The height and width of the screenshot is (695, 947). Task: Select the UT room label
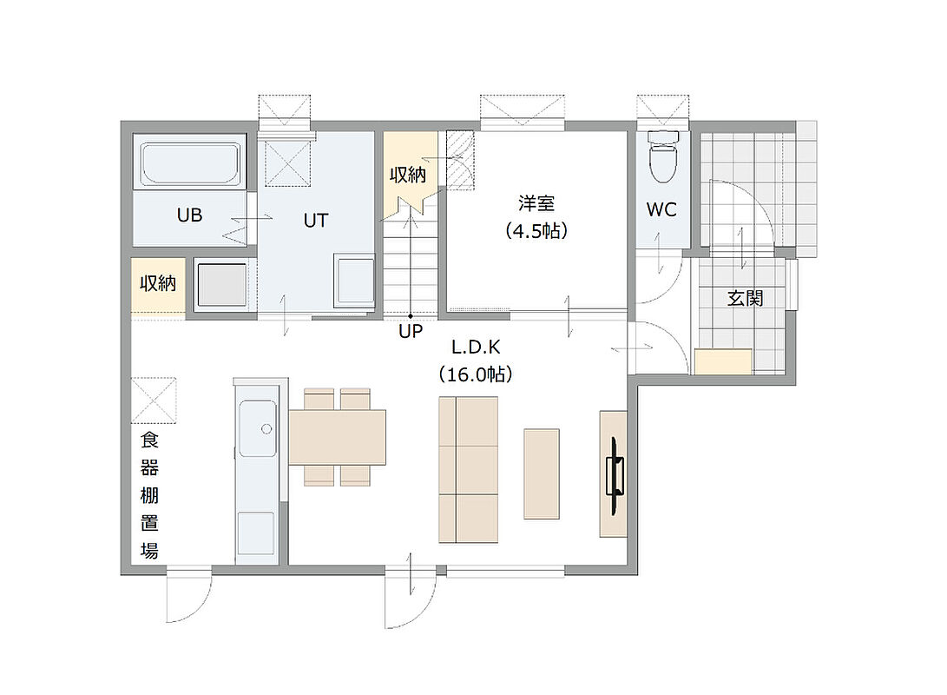[x=315, y=221]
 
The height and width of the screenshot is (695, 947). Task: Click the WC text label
[x=661, y=209]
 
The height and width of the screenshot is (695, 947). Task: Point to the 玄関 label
[x=745, y=298]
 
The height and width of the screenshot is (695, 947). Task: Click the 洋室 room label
[x=536, y=203]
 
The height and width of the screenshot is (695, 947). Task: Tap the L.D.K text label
[x=476, y=347]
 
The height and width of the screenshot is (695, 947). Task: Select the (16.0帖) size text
[x=476, y=374]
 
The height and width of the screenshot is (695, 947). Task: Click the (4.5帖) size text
[x=536, y=231]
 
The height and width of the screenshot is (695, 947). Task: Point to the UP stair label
[x=411, y=331]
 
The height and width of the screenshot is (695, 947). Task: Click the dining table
[x=338, y=437]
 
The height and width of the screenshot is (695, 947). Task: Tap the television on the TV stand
[x=615, y=476]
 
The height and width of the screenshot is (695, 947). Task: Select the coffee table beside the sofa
[x=541, y=473]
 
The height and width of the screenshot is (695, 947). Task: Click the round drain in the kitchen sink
[x=266, y=429]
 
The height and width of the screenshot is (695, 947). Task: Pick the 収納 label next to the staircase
[x=408, y=175]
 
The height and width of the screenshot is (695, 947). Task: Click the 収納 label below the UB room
[x=158, y=283]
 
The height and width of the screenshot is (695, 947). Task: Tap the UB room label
[x=189, y=215]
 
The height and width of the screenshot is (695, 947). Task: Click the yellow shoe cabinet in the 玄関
[x=723, y=362]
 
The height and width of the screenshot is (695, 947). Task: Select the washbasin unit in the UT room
[x=354, y=280]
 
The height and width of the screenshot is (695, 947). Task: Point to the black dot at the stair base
[x=411, y=316]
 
